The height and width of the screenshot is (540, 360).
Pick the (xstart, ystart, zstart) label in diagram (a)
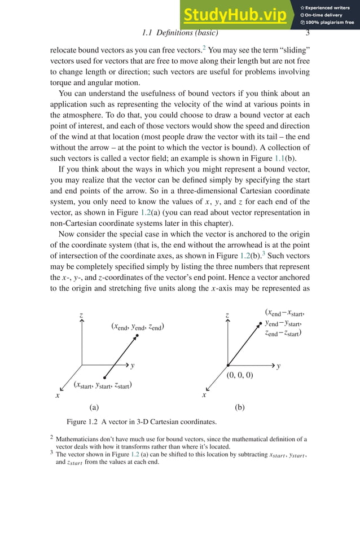coord(103,385)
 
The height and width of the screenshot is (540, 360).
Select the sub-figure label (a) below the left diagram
coord(94,407)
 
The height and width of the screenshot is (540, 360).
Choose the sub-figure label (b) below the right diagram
coord(240,407)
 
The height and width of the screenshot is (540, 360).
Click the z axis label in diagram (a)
coord(82,314)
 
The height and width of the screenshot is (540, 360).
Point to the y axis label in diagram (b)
coord(279,366)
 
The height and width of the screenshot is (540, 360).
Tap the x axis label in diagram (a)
coord(57,396)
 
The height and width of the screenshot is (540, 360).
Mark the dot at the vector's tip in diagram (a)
coord(137,336)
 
